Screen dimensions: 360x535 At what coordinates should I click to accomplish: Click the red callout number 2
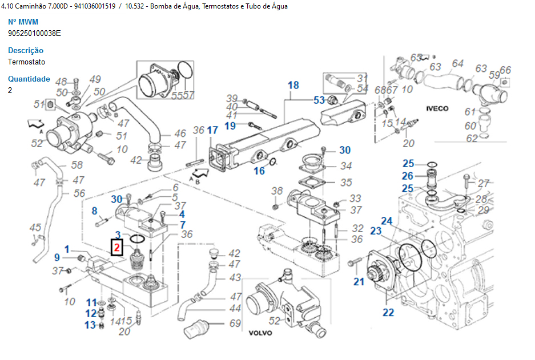pyautogui.click(x=117, y=248)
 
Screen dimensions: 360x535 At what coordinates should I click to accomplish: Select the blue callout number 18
pyautogui.click(x=293, y=86)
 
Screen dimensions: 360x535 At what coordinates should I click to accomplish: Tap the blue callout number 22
pyautogui.click(x=388, y=312)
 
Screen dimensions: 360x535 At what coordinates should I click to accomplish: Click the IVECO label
pyautogui.click(x=437, y=108)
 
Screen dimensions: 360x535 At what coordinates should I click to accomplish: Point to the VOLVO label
pyautogui.click(x=260, y=333)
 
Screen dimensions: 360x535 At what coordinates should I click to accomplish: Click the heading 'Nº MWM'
pyautogui.click(x=23, y=22)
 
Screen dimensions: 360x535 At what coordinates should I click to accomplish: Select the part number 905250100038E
pyautogui.click(x=34, y=33)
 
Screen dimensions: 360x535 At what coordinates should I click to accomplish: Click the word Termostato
pyautogui.click(x=26, y=62)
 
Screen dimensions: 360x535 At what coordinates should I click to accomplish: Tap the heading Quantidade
pyautogui.click(x=29, y=79)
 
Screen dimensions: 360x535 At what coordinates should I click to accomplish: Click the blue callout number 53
pyautogui.click(x=319, y=100)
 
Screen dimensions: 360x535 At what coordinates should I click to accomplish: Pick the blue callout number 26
pyautogui.click(x=407, y=176)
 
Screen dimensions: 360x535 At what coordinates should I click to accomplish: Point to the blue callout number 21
pyautogui.click(x=359, y=281)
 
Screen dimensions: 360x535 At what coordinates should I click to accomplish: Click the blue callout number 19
pyautogui.click(x=230, y=126)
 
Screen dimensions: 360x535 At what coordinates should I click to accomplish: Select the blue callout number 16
pyautogui.click(x=259, y=171)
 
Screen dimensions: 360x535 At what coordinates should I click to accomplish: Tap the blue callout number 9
pyautogui.click(x=57, y=257)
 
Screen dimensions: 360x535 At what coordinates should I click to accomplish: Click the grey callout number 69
pyautogui.click(x=235, y=323)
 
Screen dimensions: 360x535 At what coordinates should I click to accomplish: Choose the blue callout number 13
pyautogui.click(x=90, y=325)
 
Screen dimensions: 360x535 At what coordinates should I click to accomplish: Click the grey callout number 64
pyautogui.click(x=458, y=63)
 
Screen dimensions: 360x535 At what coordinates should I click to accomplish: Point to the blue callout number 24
pyautogui.click(x=387, y=221)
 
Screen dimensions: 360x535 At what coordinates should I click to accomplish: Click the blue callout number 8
pyautogui.click(x=95, y=211)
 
